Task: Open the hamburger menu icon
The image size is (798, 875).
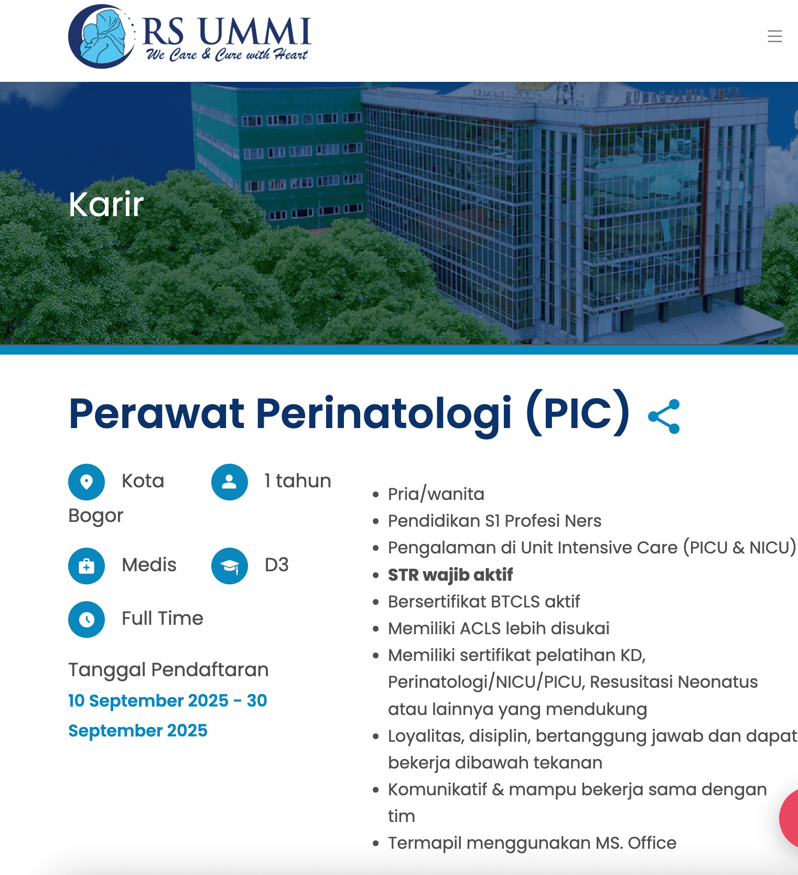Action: (774, 36)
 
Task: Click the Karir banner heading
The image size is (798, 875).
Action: (106, 204)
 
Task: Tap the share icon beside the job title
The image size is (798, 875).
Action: (664, 417)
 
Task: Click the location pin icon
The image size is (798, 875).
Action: (87, 482)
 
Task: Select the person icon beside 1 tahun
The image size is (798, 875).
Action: (229, 482)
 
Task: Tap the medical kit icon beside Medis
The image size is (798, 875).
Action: (87, 566)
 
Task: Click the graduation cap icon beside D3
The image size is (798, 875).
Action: (229, 566)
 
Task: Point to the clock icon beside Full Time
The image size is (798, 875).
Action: (87, 620)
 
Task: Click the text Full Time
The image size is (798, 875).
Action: (162, 618)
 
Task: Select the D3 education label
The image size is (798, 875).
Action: (276, 565)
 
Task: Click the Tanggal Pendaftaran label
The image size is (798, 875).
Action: (168, 670)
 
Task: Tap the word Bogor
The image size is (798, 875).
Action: (96, 516)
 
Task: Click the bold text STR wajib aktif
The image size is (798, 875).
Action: (450, 575)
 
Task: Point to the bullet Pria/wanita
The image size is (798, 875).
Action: (436, 494)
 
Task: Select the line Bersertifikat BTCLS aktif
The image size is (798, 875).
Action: (483, 602)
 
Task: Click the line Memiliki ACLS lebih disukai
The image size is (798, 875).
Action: (498, 628)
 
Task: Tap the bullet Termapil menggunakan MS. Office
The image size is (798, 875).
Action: (532, 843)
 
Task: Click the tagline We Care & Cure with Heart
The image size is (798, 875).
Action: (227, 55)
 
